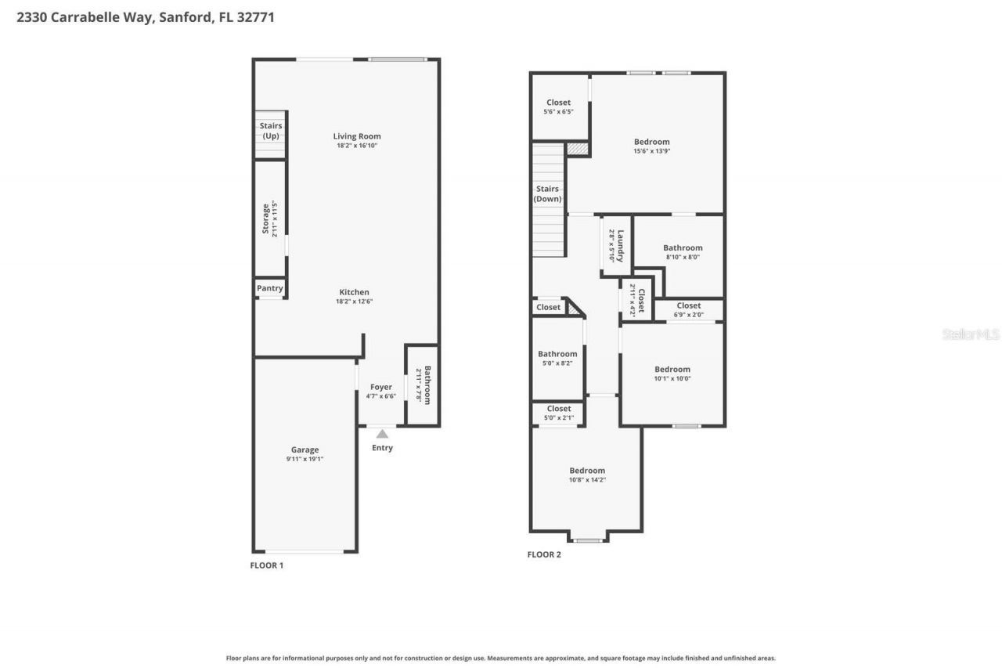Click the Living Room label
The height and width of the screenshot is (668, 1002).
point(357,136)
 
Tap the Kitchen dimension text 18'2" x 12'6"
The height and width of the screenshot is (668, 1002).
point(354,302)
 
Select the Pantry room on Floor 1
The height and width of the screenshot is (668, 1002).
point(270,288)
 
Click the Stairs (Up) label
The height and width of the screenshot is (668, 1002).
point(271,131)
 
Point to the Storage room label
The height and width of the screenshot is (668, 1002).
point(265,218)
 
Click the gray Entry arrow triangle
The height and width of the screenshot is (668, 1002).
point(382,433)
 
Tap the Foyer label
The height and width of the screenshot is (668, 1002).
point(381,387)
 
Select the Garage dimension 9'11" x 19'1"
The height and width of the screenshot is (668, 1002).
point(305,459)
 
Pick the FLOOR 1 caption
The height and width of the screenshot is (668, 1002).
point(266,565)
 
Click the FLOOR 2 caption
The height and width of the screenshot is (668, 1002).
point(544,554)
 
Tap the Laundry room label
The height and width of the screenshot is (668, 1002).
point(620,245)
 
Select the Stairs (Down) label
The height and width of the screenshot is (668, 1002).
point(548,193)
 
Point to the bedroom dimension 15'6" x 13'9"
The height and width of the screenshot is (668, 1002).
point(652,151)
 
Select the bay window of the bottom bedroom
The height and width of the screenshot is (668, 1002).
point(588,539)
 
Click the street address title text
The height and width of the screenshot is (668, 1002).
point(146,16)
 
